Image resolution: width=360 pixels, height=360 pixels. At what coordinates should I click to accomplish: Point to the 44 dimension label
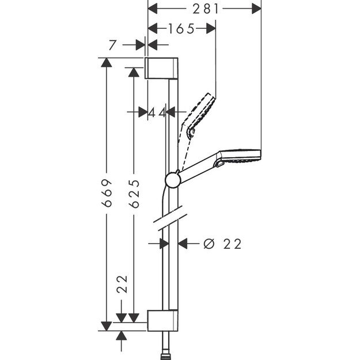157,112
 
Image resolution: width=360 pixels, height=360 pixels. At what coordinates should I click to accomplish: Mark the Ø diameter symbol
209,244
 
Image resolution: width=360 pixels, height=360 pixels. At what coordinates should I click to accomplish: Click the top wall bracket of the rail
162,68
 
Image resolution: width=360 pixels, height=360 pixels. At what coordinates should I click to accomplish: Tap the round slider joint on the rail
172,180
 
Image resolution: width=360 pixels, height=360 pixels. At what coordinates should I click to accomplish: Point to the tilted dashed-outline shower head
199,112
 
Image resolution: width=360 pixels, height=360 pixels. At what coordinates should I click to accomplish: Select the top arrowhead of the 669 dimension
105,63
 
